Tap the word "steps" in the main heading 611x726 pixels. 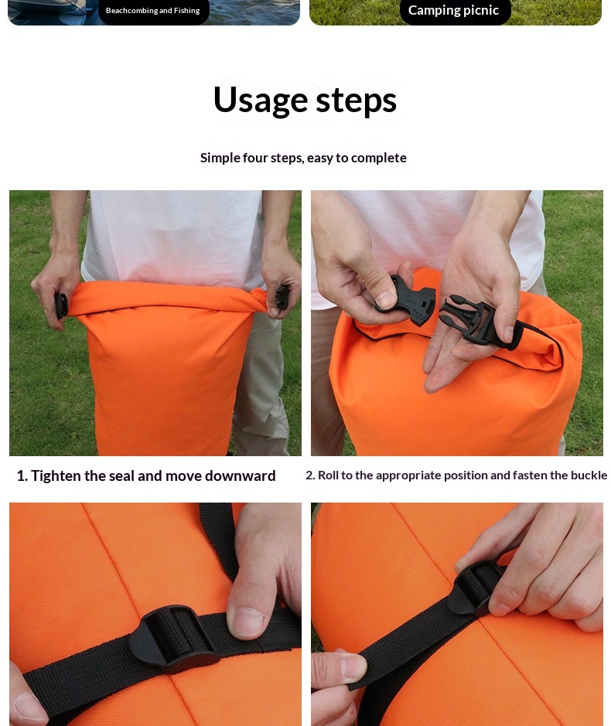click(357, 101)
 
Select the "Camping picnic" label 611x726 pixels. click(453, 10)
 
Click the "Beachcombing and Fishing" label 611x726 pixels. click(153, 11)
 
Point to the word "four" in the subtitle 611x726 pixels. click(254, 158)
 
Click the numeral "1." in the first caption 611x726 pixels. click(22, 475)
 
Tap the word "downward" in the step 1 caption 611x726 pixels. click(240, 475)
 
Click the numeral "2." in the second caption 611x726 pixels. click(310, 475)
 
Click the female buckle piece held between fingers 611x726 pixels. click(408, 301)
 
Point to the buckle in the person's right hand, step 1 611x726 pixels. click(61, 305)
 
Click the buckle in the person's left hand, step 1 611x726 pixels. click(282, 297)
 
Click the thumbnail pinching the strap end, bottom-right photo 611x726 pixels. click(353, 666)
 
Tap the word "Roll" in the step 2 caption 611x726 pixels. click(329, 475)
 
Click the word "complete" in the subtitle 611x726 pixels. click(379, 158)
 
